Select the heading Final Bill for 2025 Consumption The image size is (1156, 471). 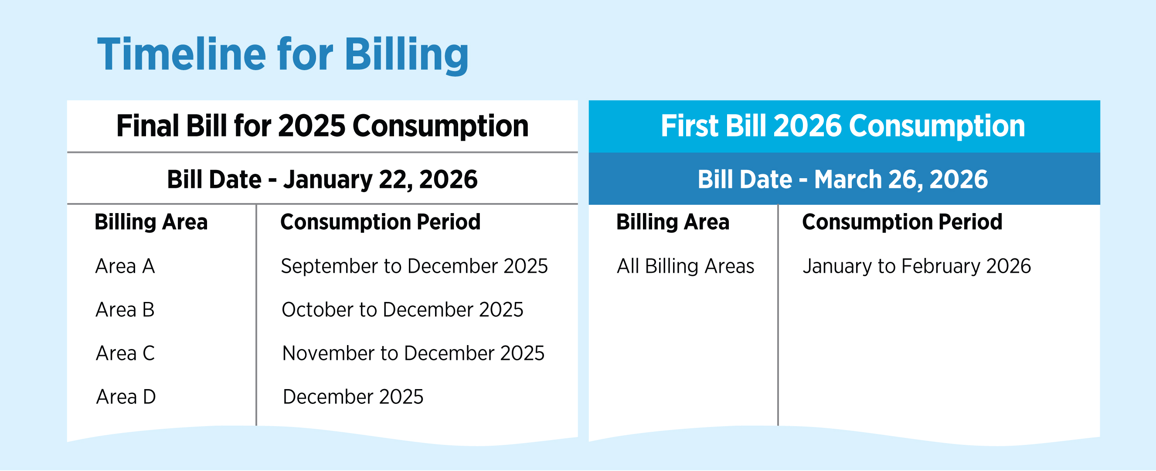tap(322, 125)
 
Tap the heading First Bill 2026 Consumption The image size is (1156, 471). tap(843, 125)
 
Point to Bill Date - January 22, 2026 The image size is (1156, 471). tap(322, 180)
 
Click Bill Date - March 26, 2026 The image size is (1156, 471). tap(843, 180)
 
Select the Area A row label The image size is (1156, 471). tap(125, 266)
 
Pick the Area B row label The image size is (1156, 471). tap(125, 309)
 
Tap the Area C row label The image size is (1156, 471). tap(125, 353)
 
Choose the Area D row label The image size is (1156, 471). tap(126, 396)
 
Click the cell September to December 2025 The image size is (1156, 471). tap(414, 266)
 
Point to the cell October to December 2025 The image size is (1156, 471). tap(402, 309)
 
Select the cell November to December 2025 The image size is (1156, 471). tap(413, 353)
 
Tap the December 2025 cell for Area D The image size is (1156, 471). tap(353, 396)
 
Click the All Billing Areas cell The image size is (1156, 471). tap(686, 266)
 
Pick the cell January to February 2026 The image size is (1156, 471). tap(917, 266)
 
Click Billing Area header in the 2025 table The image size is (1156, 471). tap(151, 222)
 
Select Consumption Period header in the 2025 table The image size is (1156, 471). tap(381, 222)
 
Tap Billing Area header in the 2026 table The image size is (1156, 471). tap(673, 222)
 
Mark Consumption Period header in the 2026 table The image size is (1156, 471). tap(902, 222)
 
